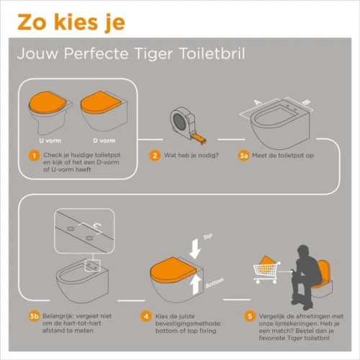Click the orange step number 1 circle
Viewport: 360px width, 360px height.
click(x=32, y=155)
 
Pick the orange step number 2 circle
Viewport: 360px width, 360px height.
click(x=154, y=155)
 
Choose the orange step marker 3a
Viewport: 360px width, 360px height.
click(x=243, y=155)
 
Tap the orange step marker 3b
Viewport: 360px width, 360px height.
click(x=33, y=315)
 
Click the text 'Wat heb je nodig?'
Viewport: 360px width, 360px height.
click(x=186, y=155)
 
